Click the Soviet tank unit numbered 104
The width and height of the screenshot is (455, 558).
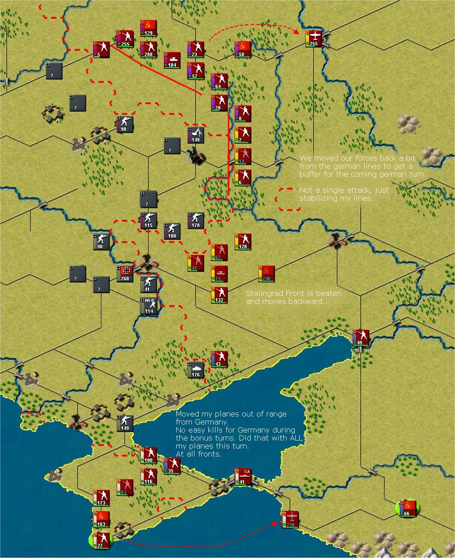(172, 60)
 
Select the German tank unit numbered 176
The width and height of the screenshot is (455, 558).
(196, 370)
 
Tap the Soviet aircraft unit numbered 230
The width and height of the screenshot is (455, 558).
(290, 519)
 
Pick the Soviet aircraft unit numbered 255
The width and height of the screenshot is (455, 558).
(313, 39)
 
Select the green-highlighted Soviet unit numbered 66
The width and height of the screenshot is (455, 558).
(407, 508)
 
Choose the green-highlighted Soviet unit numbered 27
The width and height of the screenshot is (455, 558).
(101, 540)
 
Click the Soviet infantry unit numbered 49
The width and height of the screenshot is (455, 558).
(360, 338)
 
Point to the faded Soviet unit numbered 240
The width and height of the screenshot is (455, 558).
(266, 274)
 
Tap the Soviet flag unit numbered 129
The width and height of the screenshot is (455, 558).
(148, 28)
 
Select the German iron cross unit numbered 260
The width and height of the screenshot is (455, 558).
(125, 274)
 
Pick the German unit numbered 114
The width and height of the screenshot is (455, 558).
(149, 306)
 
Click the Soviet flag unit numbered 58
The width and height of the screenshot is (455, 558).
(243, 49)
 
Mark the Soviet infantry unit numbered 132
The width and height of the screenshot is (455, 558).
(219, 295)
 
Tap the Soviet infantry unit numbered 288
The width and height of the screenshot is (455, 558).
(148, 49)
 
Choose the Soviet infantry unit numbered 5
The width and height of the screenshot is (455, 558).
(101, 49)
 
